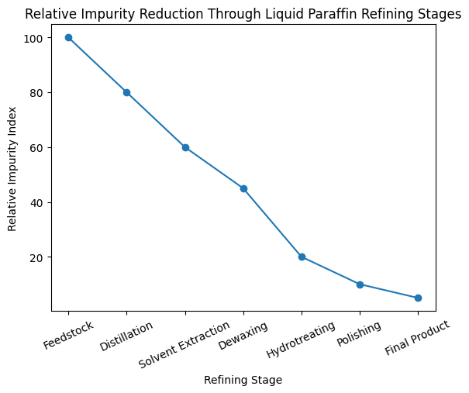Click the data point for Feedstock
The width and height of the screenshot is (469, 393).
(68, 37)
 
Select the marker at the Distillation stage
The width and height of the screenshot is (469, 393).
(126, 92)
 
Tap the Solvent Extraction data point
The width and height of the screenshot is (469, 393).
(185, 147)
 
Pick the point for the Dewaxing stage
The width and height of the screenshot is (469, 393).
(243, 188)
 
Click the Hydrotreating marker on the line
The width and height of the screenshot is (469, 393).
(302, 257)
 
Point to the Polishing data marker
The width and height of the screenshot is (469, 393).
(360, 284)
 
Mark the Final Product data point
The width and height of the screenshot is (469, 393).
(418, 298)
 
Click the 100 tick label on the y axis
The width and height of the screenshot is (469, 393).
(36, 38)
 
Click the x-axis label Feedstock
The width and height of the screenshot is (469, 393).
(68, 334)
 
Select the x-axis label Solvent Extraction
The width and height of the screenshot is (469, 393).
(184, 343)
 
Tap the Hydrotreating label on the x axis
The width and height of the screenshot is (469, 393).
(301, 340)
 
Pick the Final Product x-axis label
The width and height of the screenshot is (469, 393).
(417, 338)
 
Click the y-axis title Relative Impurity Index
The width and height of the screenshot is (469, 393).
(12, 167)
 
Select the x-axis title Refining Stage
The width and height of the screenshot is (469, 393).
(243, 380)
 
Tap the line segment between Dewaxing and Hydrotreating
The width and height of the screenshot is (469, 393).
(272, 222)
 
